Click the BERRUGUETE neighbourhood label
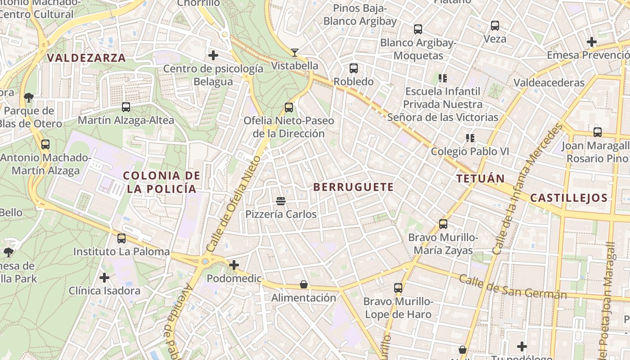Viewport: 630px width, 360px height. click(x=353, y=187)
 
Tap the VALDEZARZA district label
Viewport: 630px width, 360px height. click(x=86, y=58)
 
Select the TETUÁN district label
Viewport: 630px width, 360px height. click(x=481, y=179)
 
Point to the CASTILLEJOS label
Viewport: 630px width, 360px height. click(x=569, y=198)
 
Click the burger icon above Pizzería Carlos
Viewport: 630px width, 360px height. click(x=281, y=201)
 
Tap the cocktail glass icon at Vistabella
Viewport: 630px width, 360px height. click(x=294, y=53)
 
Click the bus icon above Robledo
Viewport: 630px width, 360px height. click(x=354, y=68)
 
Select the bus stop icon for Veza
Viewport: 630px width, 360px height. click(x=495, y=26)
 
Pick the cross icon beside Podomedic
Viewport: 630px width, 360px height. click(x=234, y=265)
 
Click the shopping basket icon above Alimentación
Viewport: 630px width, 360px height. click(x=304, y=284)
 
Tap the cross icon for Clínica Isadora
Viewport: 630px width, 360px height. click(x=104, y=278)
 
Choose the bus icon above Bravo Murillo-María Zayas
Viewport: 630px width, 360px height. click(x=443, y=224)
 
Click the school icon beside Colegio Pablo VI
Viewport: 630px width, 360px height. click(x=470, y=138)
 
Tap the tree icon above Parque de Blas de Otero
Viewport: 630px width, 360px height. click(x=29, y=97)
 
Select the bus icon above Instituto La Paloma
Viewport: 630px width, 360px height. click(x=121, y=238)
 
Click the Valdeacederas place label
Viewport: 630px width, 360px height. click(x=549, y=83)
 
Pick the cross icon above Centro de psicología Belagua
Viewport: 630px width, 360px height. click(x=213, y=55)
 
